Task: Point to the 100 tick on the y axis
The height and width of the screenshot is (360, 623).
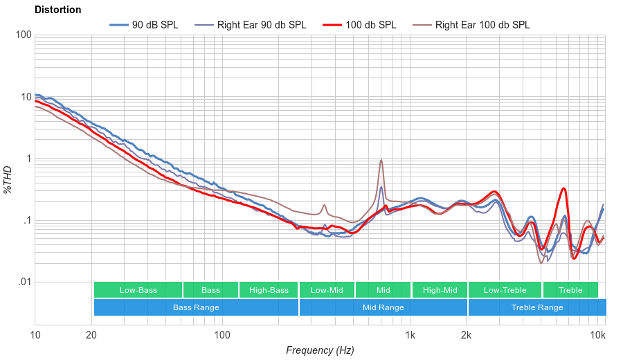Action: pyautogui.click(x=22, y=35)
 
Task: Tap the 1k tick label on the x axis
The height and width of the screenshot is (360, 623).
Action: pyautogui.click(x=410, y=336)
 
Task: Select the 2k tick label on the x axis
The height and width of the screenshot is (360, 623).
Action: pyautogui.click(x=467, y=336)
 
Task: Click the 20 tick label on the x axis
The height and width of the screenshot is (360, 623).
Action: pyautogui.click(x=91, y=336)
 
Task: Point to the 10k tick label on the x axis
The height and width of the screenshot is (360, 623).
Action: pyautogui.click(x=597, y=336)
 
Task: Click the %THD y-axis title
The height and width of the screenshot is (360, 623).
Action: pyautogui.click(x=8, y=179)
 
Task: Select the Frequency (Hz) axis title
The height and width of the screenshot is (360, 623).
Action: pyautogui.click(x=319, y=350)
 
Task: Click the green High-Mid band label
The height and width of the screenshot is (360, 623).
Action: pyautogui.click(x=440, y=290)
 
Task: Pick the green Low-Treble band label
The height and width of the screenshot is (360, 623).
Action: pyautogui.click(x=505, y=290)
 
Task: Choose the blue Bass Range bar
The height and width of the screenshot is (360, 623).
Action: pyautogui.click(x=196, y=307)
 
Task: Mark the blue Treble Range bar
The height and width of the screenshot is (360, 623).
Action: pyautogui.click(x=536, y=307)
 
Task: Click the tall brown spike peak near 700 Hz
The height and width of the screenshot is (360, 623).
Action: pyautogui.click(x=381, y=161)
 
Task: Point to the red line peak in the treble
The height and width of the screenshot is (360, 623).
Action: pyautogui.click(x=564, y=188)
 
